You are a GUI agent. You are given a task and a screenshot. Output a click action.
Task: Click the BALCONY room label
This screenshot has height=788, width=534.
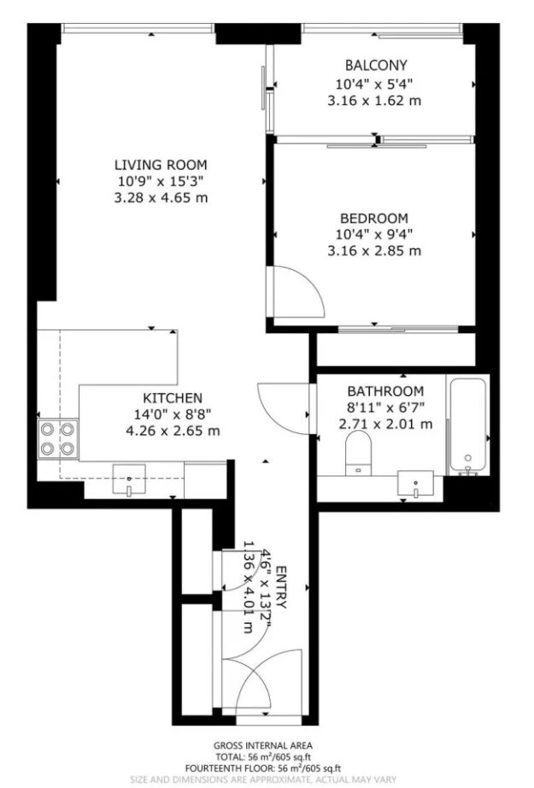(376, 65)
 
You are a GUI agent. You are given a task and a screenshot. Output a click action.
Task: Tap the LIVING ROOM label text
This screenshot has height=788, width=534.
(161, 165)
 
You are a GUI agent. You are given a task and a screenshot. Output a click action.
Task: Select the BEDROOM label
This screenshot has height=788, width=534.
(374, 219)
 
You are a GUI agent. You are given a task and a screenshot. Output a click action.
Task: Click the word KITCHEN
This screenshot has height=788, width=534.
(173, 398)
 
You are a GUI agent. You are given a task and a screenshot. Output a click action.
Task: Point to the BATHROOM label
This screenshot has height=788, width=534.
(386, 391)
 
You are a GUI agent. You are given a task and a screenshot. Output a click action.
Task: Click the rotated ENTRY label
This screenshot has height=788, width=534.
(281, 587)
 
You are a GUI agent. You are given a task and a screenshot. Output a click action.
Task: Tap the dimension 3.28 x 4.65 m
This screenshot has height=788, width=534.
(161, 198)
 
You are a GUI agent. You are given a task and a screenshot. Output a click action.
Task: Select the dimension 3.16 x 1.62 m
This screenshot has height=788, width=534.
(374, 101)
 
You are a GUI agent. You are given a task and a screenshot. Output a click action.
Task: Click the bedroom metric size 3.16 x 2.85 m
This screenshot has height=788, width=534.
(374, 250)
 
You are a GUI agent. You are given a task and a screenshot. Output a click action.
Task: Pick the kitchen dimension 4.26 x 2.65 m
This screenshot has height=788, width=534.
(173, 431)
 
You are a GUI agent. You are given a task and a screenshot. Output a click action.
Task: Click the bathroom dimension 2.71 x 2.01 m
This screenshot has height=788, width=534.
(386, 424)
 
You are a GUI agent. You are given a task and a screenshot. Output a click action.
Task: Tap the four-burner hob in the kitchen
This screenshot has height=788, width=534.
(58, 438)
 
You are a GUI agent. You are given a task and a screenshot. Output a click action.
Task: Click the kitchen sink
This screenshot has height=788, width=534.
(129, 480)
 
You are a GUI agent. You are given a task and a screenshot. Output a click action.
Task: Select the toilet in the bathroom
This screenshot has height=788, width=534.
(358, 453)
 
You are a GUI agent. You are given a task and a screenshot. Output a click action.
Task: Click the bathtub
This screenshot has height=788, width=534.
(468, 426)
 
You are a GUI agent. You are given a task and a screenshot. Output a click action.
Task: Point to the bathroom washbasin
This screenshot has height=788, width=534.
(415, 484)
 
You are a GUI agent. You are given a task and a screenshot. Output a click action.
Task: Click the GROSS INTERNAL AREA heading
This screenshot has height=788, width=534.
(263, 746)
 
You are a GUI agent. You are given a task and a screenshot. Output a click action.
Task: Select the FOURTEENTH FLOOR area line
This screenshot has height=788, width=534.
(263, 768)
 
